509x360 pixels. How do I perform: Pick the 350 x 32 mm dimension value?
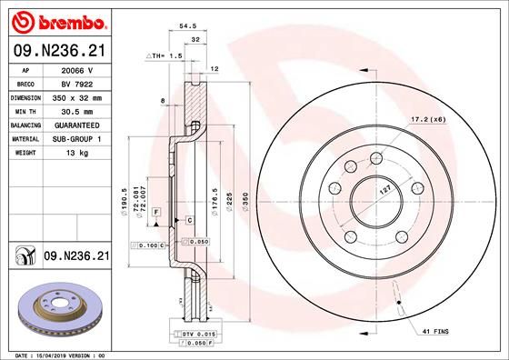(x=76, y=95)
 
